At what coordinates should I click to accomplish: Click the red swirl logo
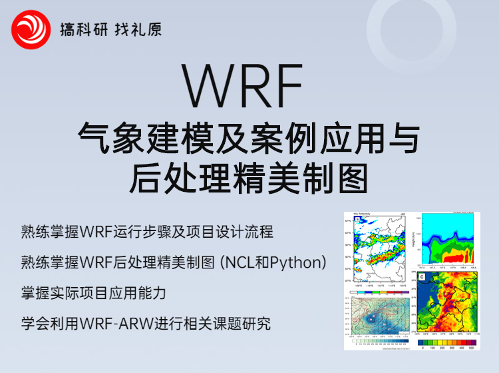coord(31,29)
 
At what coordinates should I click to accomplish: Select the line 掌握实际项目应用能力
coord(93,293)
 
